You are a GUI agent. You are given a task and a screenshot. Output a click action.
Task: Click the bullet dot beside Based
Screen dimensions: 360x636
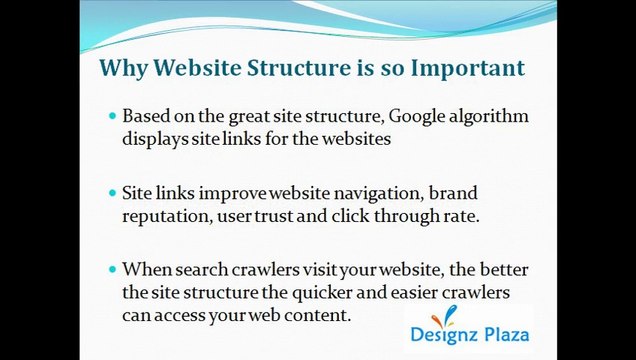(x=112, y=117)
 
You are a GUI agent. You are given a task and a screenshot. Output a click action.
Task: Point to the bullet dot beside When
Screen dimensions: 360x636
(x=112, y=269)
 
